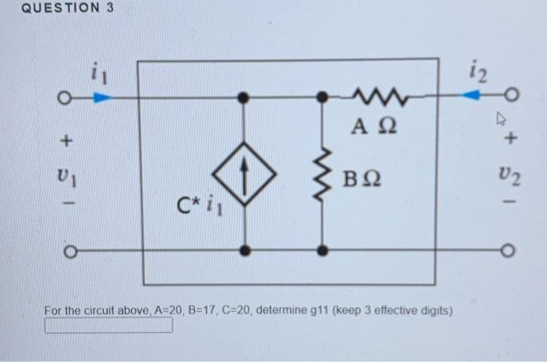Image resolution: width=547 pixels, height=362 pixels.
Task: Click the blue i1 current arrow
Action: point(101,98)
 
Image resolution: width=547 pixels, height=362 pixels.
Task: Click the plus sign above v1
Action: point(66,142)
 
